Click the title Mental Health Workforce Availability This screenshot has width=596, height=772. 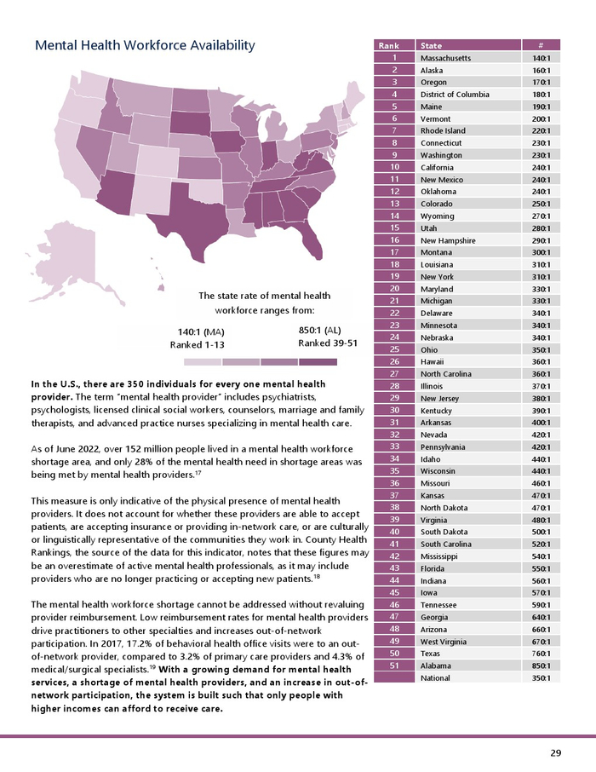pos(145,45)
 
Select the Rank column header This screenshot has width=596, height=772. pos(389,46)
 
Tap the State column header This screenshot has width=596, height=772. pos(432,46)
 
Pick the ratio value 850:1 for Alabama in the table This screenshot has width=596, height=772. pos(541,665)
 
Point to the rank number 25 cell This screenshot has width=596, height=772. pos(393,349)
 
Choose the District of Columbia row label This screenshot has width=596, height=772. pos(455,95)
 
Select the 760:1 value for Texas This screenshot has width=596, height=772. pos(541,654)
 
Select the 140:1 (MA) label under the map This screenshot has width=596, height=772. pos(200,331)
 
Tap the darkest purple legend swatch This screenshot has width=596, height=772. pos(318,361)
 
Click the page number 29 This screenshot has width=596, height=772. pos(555,753)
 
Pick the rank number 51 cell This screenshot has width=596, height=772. pos(393,665)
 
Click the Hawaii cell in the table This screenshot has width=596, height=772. pos(433,361)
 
